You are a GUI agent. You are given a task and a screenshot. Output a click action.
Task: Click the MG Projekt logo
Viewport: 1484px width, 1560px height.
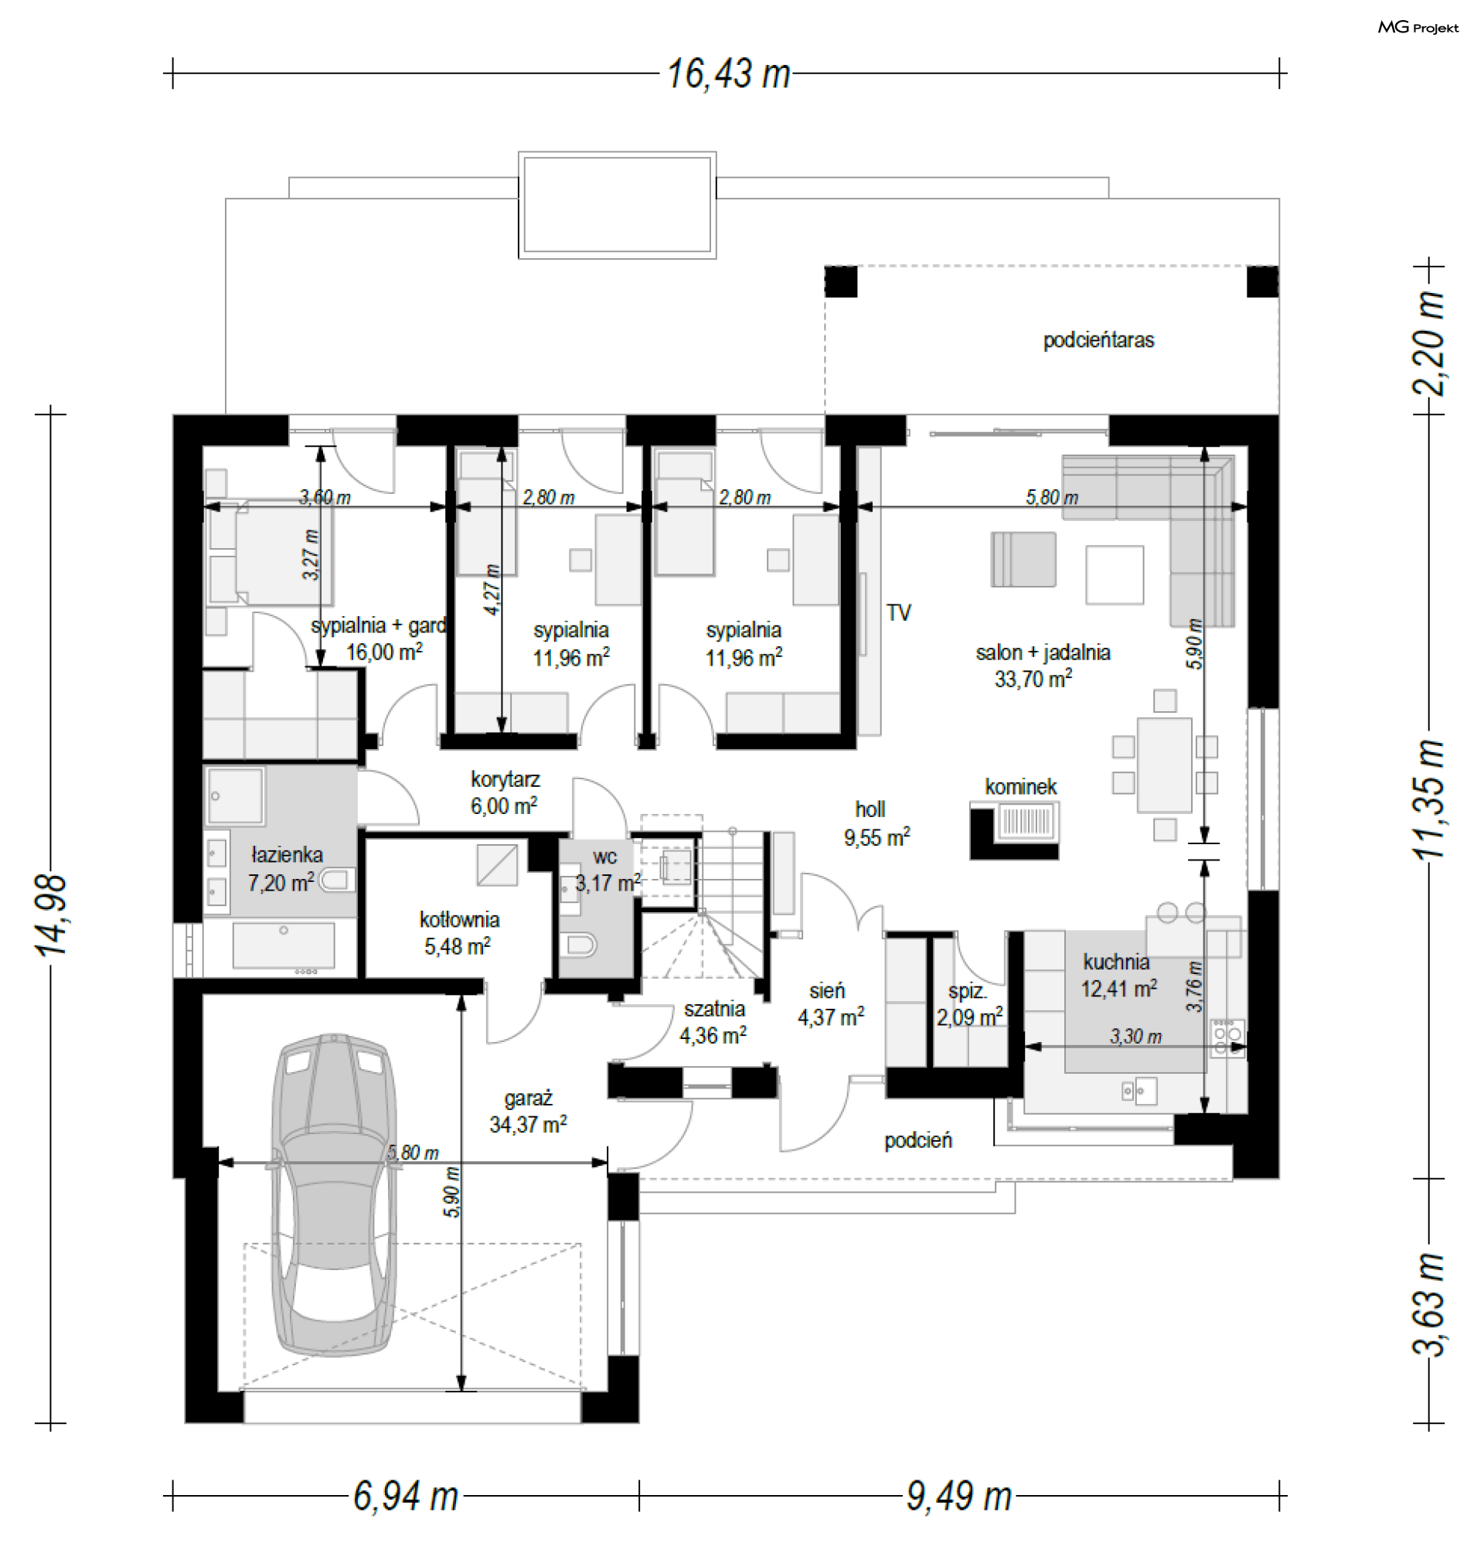coord(1418,28)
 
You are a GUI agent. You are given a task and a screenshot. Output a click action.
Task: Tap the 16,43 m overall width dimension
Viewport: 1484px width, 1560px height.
coord(729,73)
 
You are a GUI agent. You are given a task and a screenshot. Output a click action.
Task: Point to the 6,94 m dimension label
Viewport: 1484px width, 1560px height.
coord(406,1496)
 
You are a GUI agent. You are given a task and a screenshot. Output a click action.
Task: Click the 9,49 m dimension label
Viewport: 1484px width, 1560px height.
coord(959,1496)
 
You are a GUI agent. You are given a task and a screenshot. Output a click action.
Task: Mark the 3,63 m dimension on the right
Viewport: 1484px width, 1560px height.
coord(1428,1304)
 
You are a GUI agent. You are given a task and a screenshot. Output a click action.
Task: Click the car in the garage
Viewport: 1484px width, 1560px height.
coord(333,1195)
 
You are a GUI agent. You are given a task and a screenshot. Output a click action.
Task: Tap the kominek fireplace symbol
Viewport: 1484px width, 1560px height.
coord(1015,830)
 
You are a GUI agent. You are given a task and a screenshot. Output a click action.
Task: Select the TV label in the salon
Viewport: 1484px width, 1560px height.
coord(899,612)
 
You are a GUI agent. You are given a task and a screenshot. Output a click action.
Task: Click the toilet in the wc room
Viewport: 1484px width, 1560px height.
coord(579,945)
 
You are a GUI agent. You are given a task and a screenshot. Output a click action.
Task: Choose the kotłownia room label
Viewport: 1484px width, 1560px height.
coord(459,919)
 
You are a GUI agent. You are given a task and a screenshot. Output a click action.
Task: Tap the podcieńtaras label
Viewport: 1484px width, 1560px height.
coord(1099,340)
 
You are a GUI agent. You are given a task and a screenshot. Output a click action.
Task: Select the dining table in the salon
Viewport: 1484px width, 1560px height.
coord(1165,765)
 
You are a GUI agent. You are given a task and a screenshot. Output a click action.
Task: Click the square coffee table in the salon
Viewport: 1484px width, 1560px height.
coord(1115,575)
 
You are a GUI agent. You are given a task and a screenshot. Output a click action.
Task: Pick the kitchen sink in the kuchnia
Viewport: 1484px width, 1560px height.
coord(1140,1092)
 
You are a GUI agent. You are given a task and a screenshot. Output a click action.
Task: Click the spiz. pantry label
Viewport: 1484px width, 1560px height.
coord(968,991)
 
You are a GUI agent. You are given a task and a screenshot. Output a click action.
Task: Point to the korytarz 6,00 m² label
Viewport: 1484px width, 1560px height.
coord(505,792)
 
